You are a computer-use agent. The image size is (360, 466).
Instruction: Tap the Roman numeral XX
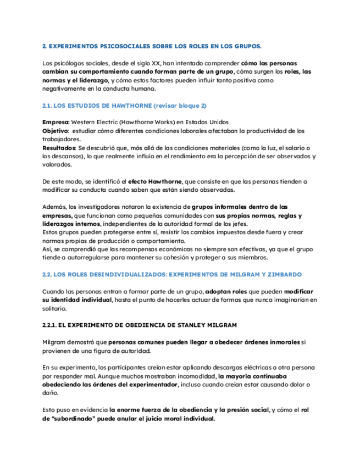click(x=152, y=63)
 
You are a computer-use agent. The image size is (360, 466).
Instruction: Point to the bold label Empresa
click(x=56, y=122)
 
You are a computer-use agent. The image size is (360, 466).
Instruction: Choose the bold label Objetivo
click(x=55, y=131)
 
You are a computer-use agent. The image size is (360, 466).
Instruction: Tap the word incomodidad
click(x=187, y=376)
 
